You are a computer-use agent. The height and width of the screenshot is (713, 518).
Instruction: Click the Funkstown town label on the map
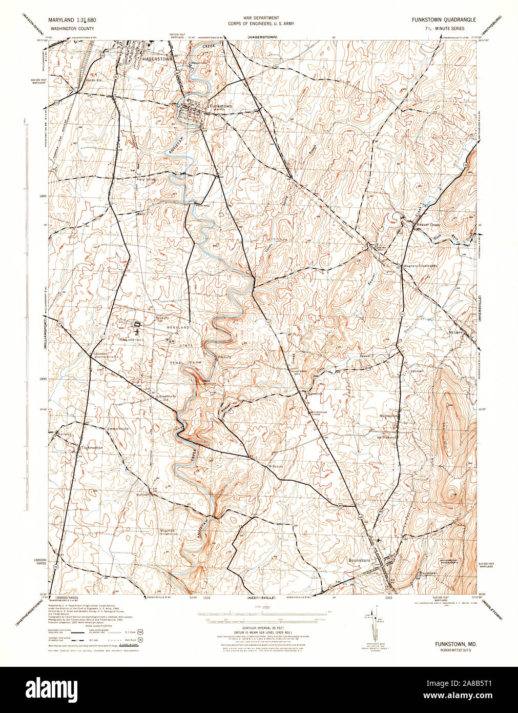pyautogui.click(x=221, y=106)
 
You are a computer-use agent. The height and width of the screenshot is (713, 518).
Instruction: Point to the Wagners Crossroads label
pyautogui.click(x=420, y=266)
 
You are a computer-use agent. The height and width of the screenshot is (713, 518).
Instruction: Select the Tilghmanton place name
pyautogui.click(x=92, y=448)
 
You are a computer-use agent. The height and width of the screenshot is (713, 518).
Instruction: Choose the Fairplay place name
pyautogui.click(x=65, y=434)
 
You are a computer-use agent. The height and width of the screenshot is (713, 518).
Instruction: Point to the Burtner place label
pyautogui.click(x=142, y=495)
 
